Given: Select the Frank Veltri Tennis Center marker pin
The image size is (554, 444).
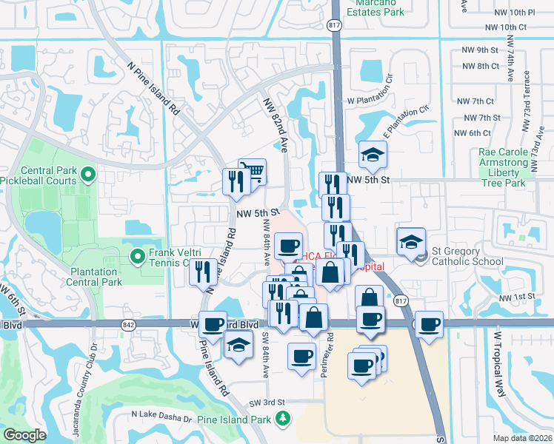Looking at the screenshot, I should tap(137, 257).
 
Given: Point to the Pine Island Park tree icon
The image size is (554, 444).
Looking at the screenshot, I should tap(282, 420).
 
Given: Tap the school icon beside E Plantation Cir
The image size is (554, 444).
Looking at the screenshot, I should tap(373, 155).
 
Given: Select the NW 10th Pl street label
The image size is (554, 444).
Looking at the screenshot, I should tap(510, 13).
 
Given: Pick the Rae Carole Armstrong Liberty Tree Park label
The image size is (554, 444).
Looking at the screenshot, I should tap(501, 167).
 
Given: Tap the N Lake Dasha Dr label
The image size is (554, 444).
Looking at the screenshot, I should tap(161, 420).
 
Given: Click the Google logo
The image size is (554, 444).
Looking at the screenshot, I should tap(24, 435).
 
